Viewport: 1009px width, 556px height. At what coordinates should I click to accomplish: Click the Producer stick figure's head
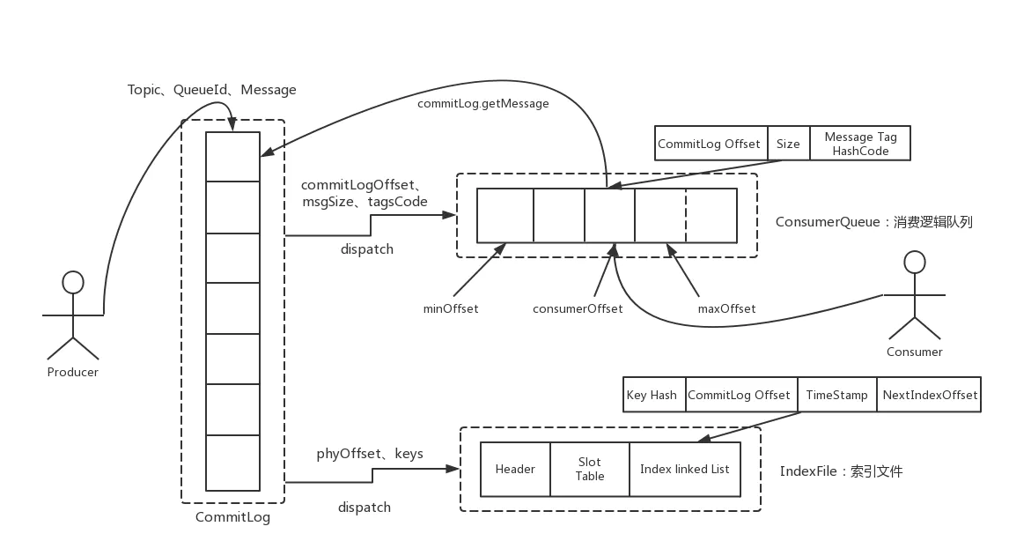tap(73, 282)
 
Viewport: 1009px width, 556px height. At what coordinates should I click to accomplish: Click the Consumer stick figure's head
tap(916, 262)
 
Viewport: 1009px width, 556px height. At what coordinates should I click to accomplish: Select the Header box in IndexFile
tap(515, 469)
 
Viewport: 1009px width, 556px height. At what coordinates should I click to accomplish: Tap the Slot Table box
tap(589, 469)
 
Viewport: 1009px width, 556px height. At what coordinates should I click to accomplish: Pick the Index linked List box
tap(684, 469)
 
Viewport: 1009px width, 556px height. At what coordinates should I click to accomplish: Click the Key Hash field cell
tap(652, 395)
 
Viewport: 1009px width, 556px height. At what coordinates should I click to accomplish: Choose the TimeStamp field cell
tap(836, 395)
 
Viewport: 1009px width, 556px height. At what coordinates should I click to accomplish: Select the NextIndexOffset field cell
tap(930, 395)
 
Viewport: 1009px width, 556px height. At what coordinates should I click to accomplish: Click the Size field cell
tap(788, 144)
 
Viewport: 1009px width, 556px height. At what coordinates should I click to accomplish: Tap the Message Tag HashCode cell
tap(860, 144)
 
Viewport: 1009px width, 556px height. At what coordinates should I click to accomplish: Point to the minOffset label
tap(451, 308)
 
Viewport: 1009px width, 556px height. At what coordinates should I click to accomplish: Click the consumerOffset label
tap(578, 308)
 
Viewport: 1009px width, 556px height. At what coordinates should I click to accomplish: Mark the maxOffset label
tap(726, 308)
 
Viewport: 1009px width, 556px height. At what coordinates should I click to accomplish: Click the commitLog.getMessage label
tap(482, 104)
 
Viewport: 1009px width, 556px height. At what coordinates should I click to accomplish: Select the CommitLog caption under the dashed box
tap(232, 517)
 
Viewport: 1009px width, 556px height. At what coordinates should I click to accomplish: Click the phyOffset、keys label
tap(370, 454)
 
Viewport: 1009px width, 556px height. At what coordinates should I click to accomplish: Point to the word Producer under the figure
tap(73, 372)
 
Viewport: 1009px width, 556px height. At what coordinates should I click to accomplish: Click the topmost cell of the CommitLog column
tap(232, 156)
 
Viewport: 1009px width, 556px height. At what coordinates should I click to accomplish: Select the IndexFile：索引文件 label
tap(841, 471)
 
